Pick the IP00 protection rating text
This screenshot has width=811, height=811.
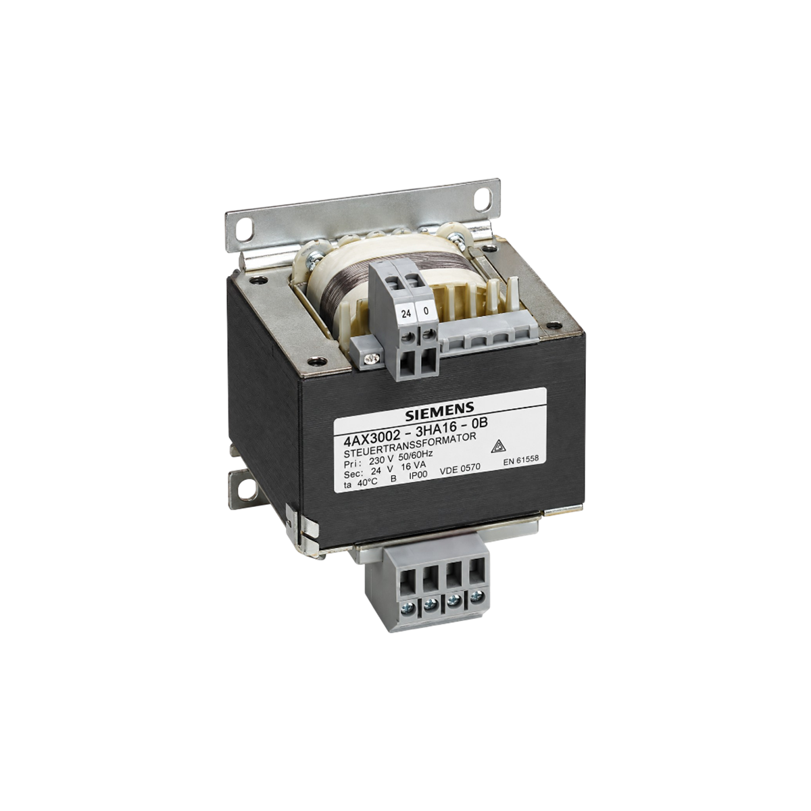coord(419,476)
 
